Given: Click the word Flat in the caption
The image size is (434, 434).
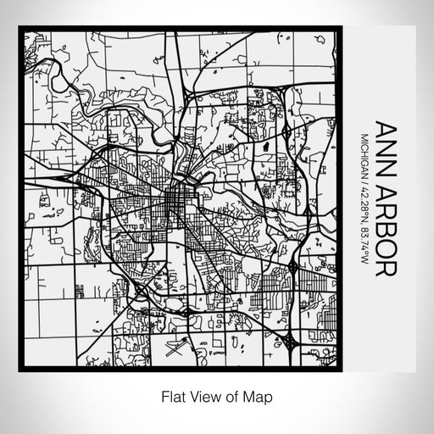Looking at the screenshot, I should coord(171,395).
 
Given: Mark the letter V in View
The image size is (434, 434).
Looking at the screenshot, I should coord(192,395).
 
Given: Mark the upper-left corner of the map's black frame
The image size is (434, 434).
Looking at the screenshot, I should coord(20,29).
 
